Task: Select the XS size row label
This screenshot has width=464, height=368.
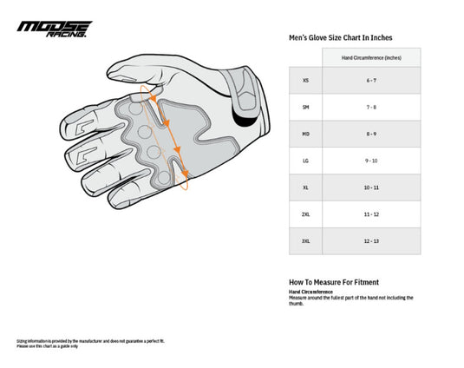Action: pos(305,80)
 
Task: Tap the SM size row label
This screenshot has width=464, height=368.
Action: pos(305,107)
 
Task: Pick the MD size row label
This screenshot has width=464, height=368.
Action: pos(305,134)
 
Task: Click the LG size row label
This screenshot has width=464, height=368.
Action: pos(305,161)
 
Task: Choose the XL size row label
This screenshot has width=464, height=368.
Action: pos(305,187)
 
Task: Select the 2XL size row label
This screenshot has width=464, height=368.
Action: pos(305,214)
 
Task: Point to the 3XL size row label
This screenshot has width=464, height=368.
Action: pos(305,240)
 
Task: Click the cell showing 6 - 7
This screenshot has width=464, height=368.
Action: pos(371,80)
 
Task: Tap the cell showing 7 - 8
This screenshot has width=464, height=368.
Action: pos(371,107)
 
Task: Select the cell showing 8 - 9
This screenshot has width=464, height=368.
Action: pos(371,134)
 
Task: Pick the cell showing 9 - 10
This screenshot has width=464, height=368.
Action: pos(371,161)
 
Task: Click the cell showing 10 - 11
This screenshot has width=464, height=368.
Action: pos(371,187)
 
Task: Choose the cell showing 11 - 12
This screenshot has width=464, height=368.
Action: pos(371,214)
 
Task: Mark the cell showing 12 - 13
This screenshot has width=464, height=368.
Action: pos(371,240)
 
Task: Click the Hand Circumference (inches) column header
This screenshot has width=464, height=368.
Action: pos(371,57)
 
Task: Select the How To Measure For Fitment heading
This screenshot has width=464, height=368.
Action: pos(333,282)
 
